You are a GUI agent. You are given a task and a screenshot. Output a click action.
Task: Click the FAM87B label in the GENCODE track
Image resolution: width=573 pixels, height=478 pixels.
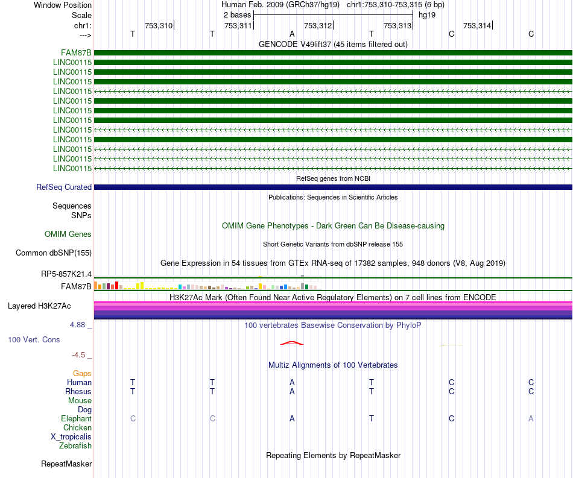click(x=76, y=53)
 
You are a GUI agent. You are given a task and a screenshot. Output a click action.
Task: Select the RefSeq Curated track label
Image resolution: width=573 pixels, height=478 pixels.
click(x=63, y=187)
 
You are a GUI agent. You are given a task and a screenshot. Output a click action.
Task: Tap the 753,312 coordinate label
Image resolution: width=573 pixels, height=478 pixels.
click(x=318, y=25)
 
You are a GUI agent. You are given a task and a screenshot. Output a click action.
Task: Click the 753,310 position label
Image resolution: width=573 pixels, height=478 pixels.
click(x=159, y=25)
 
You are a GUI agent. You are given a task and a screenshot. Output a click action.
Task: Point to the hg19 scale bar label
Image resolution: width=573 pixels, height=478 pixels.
click(x=427, y=15)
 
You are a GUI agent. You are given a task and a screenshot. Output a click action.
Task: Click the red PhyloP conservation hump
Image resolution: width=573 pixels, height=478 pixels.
click(x=291, y=342)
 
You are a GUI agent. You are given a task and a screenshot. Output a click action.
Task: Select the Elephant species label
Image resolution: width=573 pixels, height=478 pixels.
click(x=76, y=418)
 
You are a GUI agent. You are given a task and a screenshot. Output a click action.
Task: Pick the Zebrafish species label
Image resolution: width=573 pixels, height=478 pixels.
click(x=75, y=445)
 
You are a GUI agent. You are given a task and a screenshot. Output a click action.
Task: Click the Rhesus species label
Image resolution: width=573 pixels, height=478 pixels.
click(x=78, y=391)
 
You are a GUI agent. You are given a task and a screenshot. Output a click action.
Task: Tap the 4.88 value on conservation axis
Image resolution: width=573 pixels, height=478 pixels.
click(x=77, y=325)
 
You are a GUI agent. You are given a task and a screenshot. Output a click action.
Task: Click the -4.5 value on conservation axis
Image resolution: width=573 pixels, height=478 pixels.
click(x=78, y=354)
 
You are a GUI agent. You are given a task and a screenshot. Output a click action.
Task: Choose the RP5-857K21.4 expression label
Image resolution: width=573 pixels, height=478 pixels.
click(x=66, y=274)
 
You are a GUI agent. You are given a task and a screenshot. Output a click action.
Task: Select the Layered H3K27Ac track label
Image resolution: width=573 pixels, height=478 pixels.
click(x=39, y=306)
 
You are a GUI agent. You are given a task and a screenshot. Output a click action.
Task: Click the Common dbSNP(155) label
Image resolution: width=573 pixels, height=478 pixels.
click(x=53, y=253)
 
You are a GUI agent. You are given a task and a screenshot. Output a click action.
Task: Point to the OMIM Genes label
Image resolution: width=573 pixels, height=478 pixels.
click(x=68, y=234)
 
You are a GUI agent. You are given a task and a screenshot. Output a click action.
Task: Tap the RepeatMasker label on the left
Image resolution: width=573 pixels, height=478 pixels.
click(x=66, y=464)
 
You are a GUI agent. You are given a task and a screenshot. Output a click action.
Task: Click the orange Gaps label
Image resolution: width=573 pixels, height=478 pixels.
click(x=82, y=373)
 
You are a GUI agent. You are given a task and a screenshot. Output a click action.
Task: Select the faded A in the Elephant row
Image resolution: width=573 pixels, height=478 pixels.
click(x=531, y=418)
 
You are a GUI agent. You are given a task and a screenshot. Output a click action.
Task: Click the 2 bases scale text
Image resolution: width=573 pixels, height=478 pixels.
click(x=238, y=15)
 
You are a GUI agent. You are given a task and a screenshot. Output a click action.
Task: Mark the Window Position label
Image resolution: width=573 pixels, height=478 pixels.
click(x=63, y=5)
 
